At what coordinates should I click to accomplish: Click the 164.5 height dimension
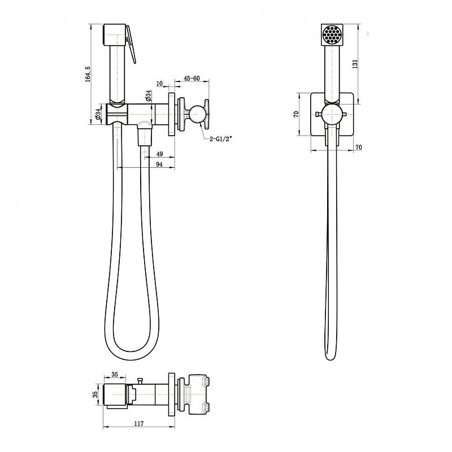click(88, 74)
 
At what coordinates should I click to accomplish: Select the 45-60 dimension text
click(192, 79)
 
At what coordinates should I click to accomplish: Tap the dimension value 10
click(159, 84)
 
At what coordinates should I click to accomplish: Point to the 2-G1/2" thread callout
click(220, 139)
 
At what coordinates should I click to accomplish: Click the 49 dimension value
click(159, 154)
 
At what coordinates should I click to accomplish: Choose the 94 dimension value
click(159, 164)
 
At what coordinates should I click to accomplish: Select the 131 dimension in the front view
click(355, 64)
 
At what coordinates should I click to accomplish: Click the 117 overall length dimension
click(139, 424)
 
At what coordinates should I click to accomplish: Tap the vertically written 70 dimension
click(295, 114)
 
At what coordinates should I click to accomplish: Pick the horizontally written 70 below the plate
click(358, 147)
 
